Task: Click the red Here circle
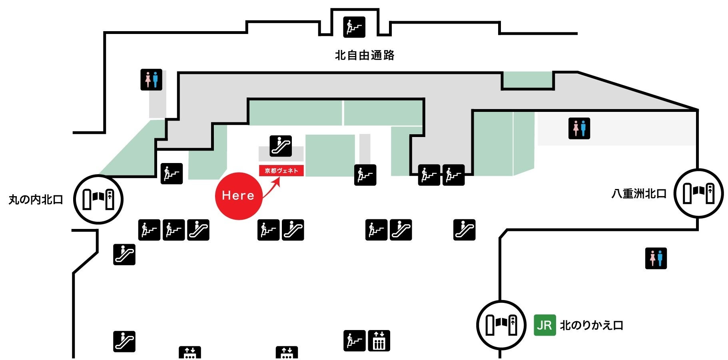238,196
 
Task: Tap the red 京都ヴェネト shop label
281,171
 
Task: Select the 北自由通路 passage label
365,55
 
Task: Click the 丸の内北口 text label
36,199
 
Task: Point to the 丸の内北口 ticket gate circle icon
98,199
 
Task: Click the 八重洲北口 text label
639,194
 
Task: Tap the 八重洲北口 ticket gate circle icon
698,193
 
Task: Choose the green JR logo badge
545,325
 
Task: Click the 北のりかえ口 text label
592,325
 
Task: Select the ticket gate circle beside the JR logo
501,325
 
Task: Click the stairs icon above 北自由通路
354,27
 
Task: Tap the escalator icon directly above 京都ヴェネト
281,146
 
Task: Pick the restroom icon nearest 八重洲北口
579,128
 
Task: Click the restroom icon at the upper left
151,80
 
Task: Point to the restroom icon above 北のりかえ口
656,258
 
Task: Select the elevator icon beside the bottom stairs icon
379,341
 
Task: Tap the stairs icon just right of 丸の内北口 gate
172,174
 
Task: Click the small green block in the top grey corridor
528,80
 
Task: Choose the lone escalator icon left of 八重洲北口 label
464,230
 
